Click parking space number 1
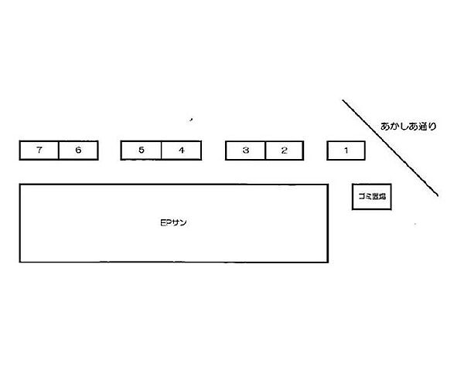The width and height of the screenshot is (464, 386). tap(346, 151)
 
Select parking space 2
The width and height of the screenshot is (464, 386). tap(285, 151)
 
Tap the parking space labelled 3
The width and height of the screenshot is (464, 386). tap(246, 151)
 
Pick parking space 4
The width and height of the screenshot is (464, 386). tap(182, 151)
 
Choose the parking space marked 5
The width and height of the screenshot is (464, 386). tap(142, 151)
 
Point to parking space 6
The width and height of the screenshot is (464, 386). tap(78, 151)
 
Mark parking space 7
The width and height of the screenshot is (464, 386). tap(39, 151)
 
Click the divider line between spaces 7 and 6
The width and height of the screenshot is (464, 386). tap(59, 151)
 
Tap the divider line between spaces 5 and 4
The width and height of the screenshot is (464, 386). tap(162, 151)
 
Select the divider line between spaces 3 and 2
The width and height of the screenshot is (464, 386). tap(266, 151)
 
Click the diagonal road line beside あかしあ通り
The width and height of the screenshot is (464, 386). tap(391, 147)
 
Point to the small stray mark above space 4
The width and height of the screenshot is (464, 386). tap(192, 120)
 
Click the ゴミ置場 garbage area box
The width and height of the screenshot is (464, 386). tap(372, 197)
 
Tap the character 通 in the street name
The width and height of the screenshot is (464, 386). tap(424, 127)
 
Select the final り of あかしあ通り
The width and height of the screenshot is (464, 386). tap(432, 127)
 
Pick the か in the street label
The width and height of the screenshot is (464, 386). tap(395, 127)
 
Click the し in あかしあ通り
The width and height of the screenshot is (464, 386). tap(404, 127)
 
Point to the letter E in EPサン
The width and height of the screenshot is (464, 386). tap(162, 222)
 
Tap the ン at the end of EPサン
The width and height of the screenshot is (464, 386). tap(183, 222)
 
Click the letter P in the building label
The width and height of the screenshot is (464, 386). tap(168, 222)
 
